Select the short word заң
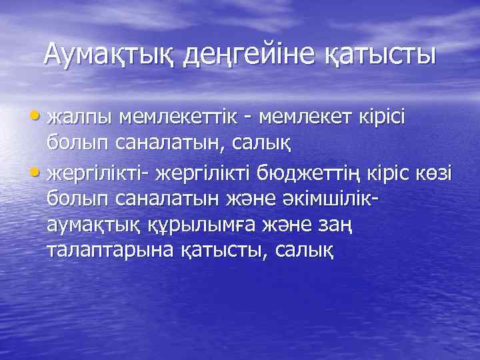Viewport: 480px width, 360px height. coord(337,227)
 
